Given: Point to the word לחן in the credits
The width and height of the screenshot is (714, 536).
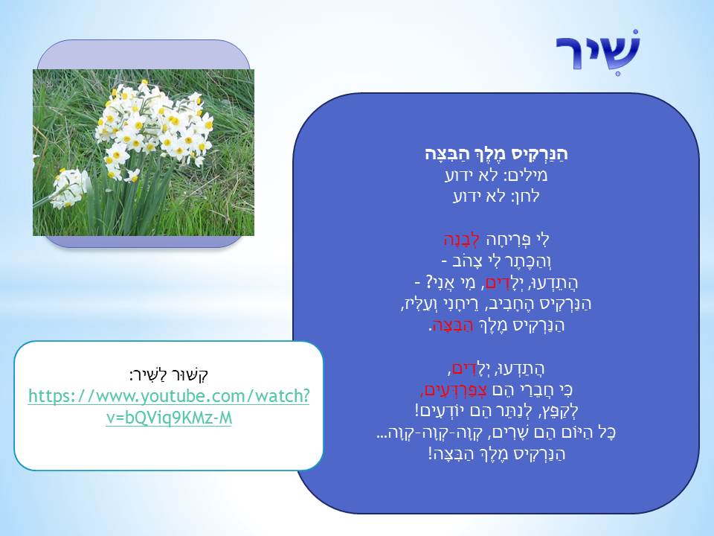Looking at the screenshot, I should [x=527, y=197].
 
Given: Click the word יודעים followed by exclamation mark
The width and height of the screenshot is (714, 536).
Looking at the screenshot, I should [x=443, y=410].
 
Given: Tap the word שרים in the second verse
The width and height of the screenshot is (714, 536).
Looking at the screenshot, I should [x=491, y=432].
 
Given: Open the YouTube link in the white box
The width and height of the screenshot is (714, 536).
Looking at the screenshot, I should [x=169, y=407].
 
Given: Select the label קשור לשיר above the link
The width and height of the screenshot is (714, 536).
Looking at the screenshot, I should [x=169, y=374].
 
